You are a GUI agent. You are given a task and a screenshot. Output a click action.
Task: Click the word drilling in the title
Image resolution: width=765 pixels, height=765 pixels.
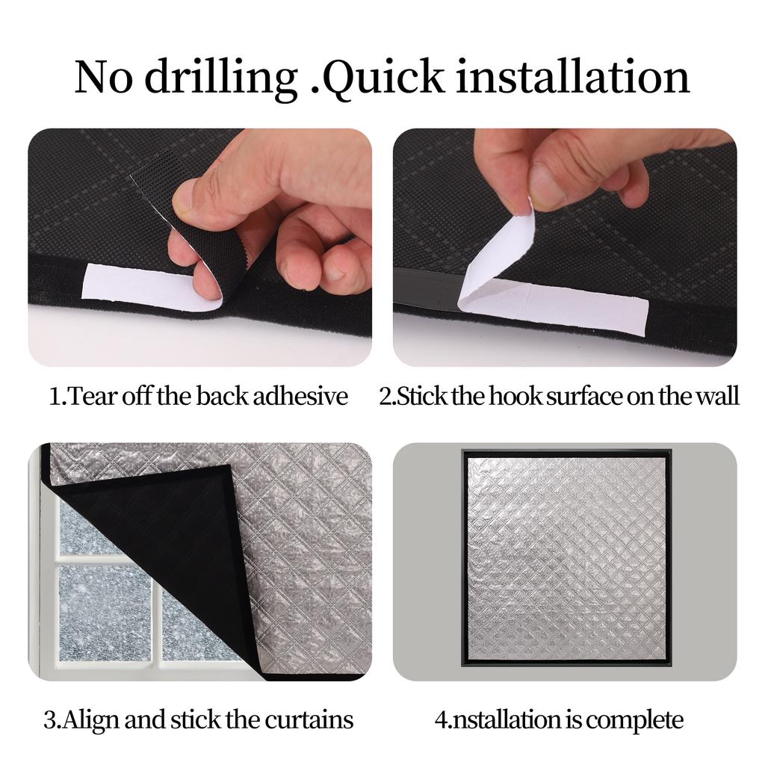[221, 78]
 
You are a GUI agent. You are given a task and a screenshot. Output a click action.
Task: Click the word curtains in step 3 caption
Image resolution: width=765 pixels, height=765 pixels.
[309, 719]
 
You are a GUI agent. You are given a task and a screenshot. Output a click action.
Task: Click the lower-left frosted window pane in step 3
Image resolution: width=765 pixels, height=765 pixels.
[105, 613]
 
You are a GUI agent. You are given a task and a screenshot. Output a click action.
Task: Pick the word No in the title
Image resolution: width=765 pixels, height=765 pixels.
[103, 77]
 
